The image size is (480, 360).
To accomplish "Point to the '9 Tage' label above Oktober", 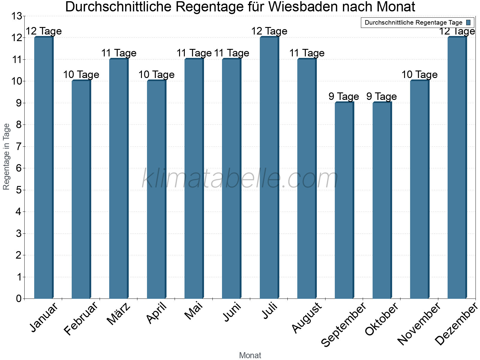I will pyautogui.click(x=381, y=96).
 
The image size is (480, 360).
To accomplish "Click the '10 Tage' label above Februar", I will pyautogui.click(x=81, y=74).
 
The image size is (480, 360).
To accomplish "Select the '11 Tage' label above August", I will pyautogui.click(x=307, y=53).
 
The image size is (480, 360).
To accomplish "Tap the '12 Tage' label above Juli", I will pyautogui.click(x=269, y=31).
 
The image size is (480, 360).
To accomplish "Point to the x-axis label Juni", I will pyautogui.click(x=232, y=312).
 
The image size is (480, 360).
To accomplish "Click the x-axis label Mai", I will pyautogui.click(x=194, y=311).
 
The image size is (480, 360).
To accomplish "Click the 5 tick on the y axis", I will pyautogui.click(x=19, y=190).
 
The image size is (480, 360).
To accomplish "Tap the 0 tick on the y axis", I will pyautogui.click(x=19, y=298).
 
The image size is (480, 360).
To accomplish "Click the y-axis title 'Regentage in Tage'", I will pyautogui.click(x=7, y=157).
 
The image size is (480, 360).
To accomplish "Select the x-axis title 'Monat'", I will pyautogui.click(x=250, y=355).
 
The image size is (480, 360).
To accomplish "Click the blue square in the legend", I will pyautogui.click(x=468, y=22).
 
